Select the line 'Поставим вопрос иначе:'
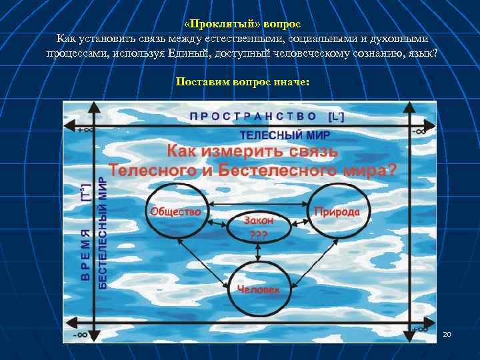242,82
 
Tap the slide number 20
447,333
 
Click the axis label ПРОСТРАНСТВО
253,115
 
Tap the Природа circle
337,211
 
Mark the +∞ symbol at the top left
85,130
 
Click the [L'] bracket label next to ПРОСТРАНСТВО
337,115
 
